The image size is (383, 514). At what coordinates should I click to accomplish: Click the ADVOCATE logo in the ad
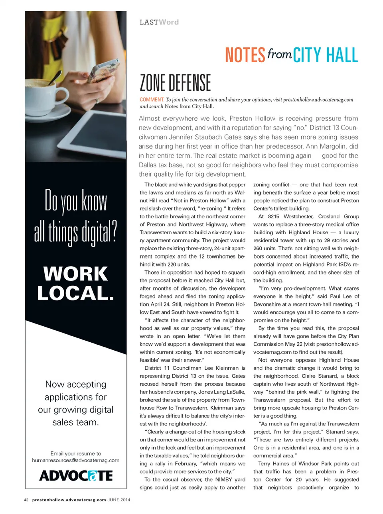(x=76, y=476)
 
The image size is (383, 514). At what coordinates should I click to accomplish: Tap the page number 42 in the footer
(x=26, y=500)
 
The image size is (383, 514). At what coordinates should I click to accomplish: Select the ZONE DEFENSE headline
(x=175, y=83)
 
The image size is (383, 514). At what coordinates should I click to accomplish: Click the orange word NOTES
(x=245, y=55)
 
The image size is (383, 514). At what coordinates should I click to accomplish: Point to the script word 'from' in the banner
(x=279, y=53)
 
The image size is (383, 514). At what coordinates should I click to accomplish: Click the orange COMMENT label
(x=152, y=100)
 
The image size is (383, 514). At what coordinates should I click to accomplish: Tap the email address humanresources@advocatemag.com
(x=76, y=460)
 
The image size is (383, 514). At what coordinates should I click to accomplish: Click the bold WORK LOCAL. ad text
(x=76, y=284)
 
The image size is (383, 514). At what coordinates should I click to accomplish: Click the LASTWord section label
(x=159, y=22)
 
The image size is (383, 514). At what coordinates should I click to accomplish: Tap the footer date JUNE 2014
(x=119, y=500)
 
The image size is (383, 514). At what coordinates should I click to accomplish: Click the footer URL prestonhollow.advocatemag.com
(x=69, y=500)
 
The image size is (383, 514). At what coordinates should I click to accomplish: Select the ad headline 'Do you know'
(x=76, y=200)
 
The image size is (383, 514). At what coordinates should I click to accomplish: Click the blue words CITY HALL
(x=326, y=55)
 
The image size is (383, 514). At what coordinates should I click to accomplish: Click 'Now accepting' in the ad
(x=76, y=385)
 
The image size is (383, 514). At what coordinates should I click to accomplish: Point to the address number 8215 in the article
(x=274, y=216)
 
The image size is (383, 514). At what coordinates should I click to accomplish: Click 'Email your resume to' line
(x=76, y=453)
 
